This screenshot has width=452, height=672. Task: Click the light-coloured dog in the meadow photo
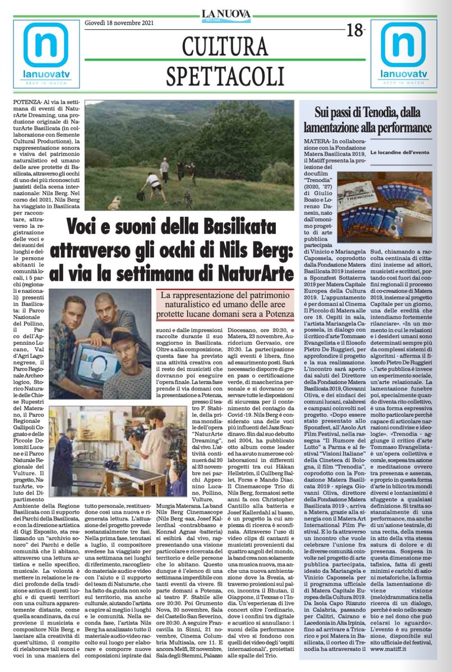(x=115, y=203)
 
